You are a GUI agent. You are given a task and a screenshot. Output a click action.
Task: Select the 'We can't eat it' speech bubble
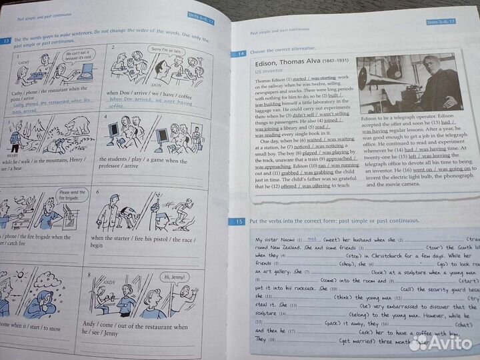click(x=73, y=55)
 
